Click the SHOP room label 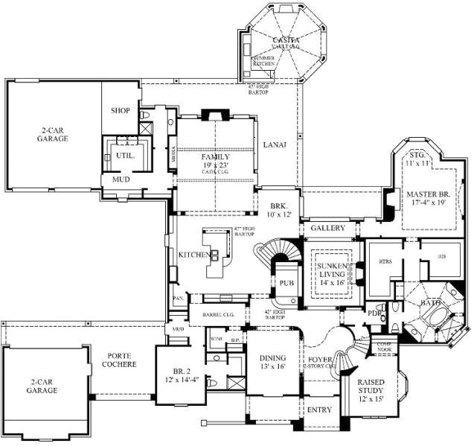coord(121,110)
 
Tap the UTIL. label coord(123,155)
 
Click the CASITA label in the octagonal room coord(286,39)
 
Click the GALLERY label coord(328,227)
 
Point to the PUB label coord(287,283)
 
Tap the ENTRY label coord(319,410)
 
